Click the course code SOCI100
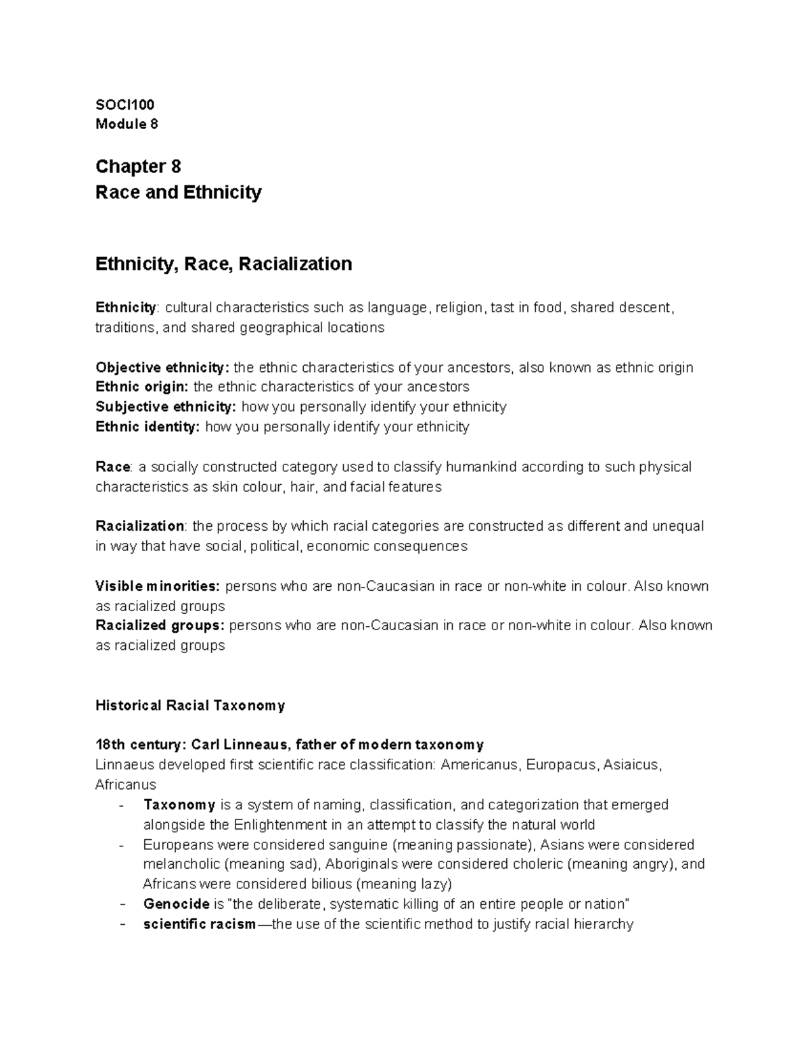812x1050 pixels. tap(125, 104)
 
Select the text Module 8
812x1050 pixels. tap(127, 124)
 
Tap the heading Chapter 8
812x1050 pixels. tap(138, 166)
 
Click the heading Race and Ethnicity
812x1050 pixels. tap(178, 193)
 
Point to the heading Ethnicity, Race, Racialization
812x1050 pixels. tap(223, 264)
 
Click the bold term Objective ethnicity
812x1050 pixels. tap(162, 368)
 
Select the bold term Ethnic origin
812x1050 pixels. tap(143, 387)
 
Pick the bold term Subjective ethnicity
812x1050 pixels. tap(166, 407)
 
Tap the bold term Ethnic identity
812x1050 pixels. tap(148, 427)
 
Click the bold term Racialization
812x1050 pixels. tap(139, 526)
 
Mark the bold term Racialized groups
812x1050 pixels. tap(160, 625)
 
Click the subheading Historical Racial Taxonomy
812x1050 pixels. tap(190, 706)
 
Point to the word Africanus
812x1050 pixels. tap(126, 785)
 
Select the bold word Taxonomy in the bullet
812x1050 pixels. tap(179, 805)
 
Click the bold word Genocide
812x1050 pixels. tap(176, 904)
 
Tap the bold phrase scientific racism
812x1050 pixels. tap(200, 924)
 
